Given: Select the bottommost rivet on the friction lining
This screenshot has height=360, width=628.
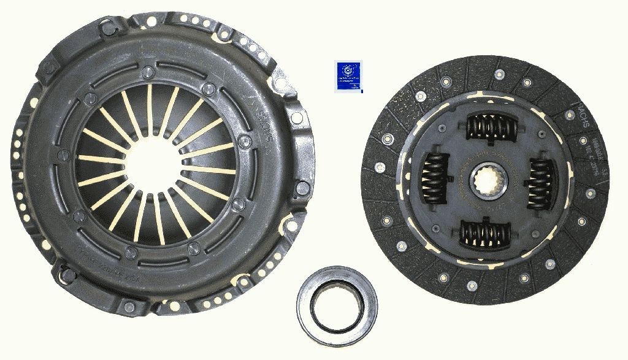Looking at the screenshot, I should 472,286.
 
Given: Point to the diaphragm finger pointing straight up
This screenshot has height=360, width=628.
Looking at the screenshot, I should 149,104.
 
